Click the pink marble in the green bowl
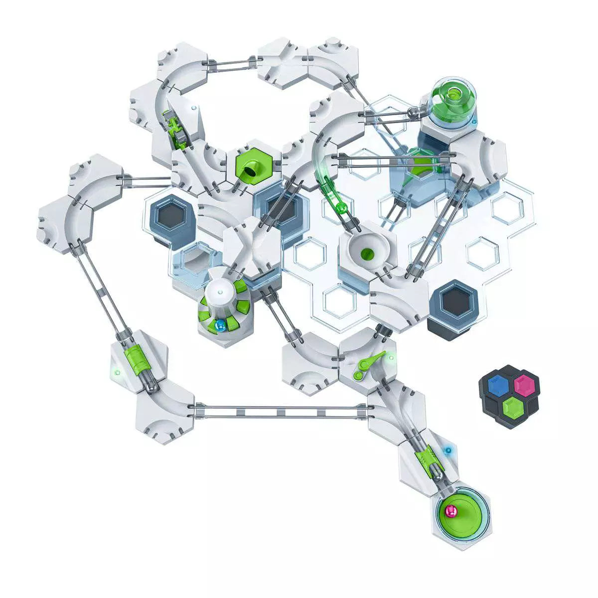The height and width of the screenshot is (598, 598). [450, 510]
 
